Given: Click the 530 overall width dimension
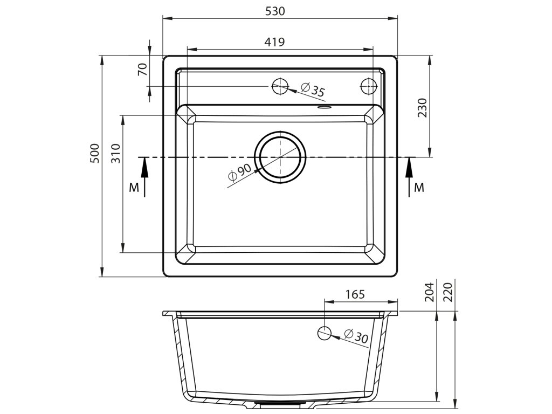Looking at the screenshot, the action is click(x=274, y=11).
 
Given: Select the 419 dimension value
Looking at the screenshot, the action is click(x=274, y=42).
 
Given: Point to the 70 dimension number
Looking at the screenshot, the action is click(x=142, y=70).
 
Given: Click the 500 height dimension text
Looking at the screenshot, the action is click(x=95, y=153).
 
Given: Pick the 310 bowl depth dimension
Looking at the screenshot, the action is click(x=116, y=153).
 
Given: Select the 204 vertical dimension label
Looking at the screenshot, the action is click(x=430, y=292).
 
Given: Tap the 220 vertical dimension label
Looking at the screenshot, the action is click(x=448, y=292).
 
